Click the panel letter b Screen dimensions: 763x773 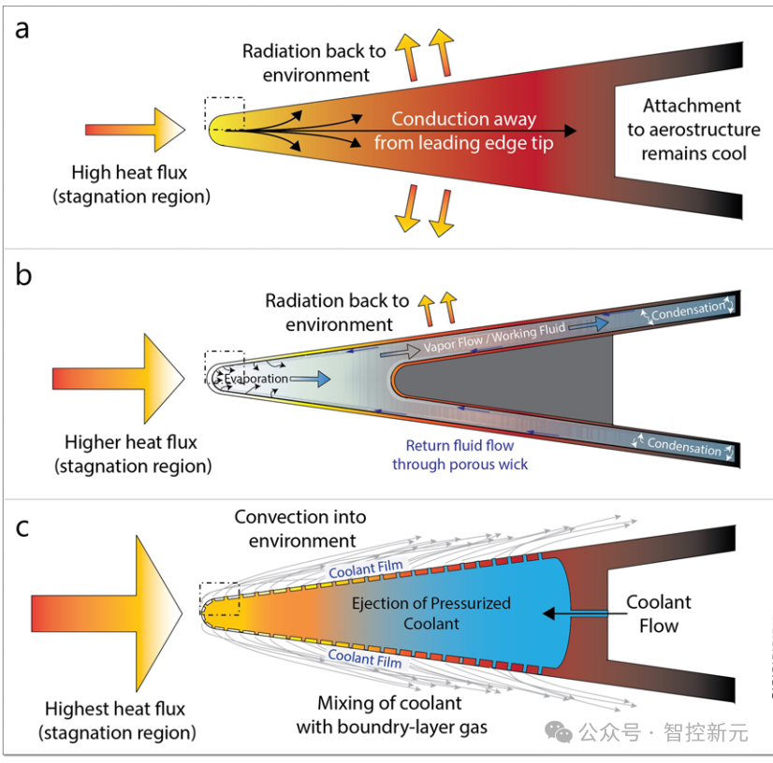tap(23, 276)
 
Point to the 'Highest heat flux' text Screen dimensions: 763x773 tap(117, 720)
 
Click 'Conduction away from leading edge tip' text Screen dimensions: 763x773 tap(463, 131)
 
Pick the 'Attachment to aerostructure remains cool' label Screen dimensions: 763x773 tap(693, 129)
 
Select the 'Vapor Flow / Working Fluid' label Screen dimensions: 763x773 tap(492, 338)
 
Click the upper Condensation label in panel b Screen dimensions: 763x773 tap(688, 310)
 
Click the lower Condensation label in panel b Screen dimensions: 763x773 tap(684, 447)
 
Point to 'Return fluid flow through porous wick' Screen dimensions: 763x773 tap(459, 454)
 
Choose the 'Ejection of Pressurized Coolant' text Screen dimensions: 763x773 tap(431, 612)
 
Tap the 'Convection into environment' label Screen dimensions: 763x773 tap(299, 528)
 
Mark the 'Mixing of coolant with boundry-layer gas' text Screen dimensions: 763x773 tap(391, 714)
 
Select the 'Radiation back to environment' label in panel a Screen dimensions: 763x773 tap(314, 63)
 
